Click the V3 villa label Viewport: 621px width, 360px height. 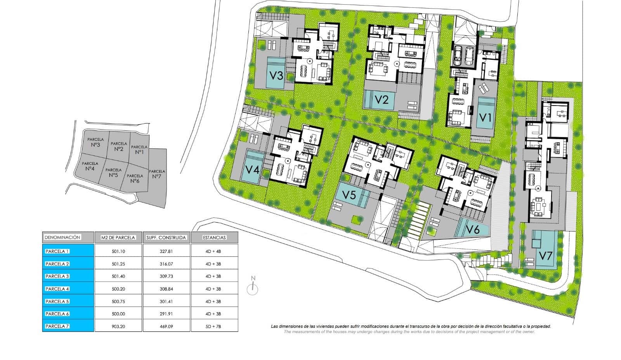(x=276, y=75)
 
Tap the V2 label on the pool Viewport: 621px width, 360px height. (x=382, y=99)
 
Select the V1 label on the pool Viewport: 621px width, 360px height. (x=485, y=118)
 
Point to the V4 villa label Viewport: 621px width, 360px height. (x=252, y=170)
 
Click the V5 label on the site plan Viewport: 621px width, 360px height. (x=349, y=195)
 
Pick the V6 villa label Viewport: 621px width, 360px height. (x=473, y=230)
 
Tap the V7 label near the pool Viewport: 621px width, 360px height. (x=546, y=256)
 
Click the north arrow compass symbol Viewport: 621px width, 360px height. (x=253, y=286)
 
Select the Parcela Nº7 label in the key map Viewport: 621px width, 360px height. (x=157, y=174)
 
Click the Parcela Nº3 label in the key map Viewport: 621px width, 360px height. (x=95, y=142)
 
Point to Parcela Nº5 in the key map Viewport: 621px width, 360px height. (x=113, y=173)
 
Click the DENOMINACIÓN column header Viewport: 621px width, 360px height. (x=62, y=237)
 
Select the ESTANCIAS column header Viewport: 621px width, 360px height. (x=214, y=237)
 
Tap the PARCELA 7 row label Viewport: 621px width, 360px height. (x=57, y=326)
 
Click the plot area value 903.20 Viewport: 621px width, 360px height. (x=118, y=327)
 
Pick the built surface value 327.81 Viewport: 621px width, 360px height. (x=167, y=251)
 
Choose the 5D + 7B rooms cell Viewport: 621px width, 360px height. (x=213, y=327)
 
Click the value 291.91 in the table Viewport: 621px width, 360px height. (x=167, y=314)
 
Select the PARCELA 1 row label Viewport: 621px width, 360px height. (x=57, y=251)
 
